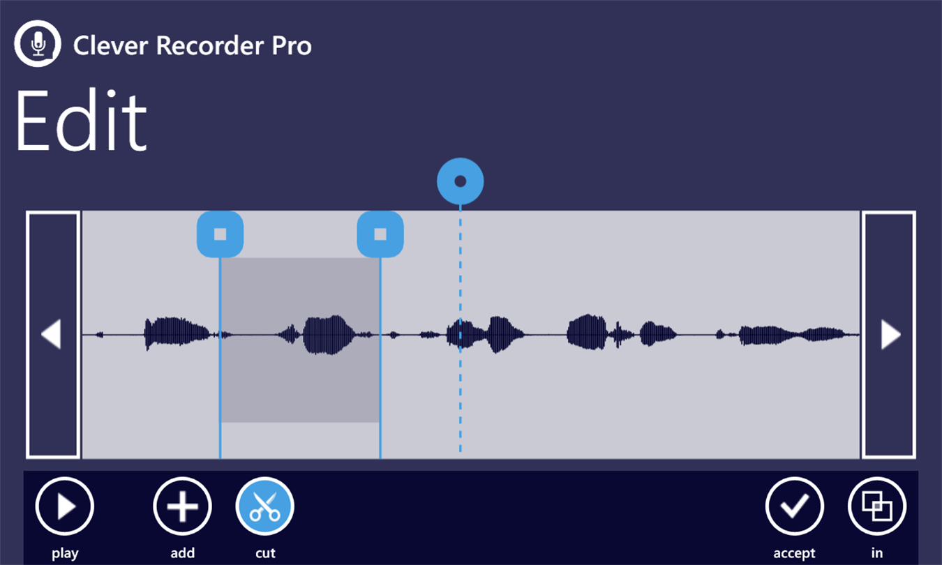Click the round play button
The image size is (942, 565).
65,506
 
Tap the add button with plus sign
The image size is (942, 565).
182,506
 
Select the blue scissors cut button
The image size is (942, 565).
265,506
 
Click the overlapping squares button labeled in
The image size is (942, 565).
877,506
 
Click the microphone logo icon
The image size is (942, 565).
38,43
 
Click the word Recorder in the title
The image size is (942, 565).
210,45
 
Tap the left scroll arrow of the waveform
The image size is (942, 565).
52,334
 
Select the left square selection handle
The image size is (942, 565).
220,234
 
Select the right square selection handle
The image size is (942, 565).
380,234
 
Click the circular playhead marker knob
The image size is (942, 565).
460,181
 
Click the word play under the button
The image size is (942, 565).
65,553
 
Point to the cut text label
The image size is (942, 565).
265,553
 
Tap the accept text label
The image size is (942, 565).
794,553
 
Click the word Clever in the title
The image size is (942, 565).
111,45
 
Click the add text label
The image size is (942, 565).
183,552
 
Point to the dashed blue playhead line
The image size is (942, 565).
460,329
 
